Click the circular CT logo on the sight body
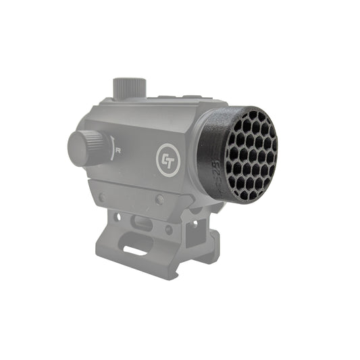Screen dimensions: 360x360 click(168, 159)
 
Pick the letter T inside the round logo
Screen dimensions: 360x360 click(171, 159)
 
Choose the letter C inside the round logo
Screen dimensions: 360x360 click(164, 159)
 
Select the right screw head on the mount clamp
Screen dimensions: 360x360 click(160, 199)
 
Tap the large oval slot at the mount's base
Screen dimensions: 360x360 click(136, 251)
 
